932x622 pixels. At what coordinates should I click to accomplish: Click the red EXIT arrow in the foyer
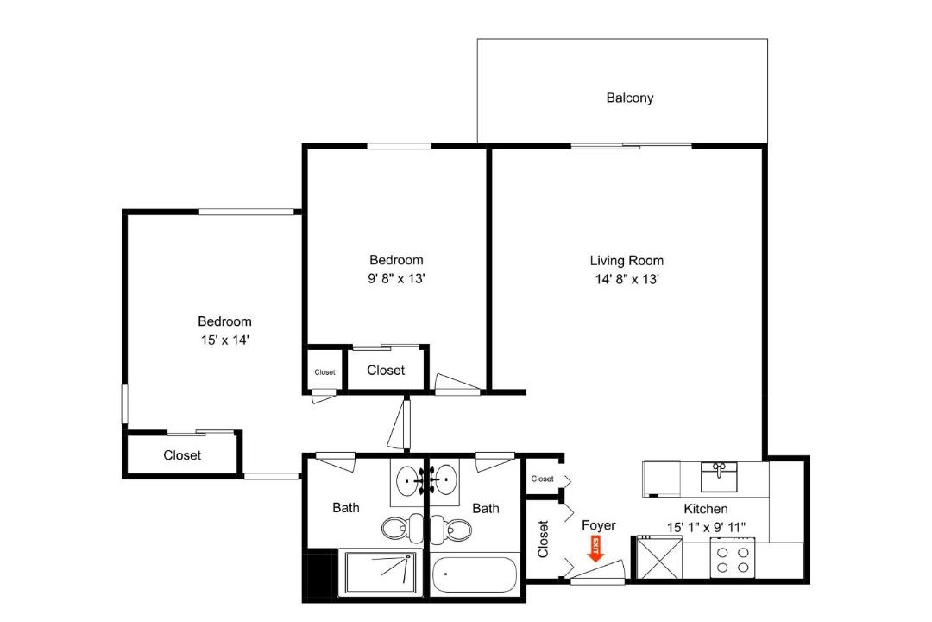[595, 549]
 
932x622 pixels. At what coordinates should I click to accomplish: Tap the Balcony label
[629, 98]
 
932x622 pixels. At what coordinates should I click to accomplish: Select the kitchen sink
[719, 477]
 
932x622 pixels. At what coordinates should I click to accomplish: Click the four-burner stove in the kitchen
[733, 558]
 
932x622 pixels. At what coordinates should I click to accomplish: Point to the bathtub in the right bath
[474, 574]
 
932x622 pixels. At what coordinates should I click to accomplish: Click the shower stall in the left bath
[381, 573]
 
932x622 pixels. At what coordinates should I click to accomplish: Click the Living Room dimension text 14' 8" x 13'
[627, 279]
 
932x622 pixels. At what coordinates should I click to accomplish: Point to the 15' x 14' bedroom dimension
[224, 340]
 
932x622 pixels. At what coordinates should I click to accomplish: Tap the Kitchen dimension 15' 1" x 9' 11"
[706, 527]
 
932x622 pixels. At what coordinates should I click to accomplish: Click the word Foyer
[599, 525]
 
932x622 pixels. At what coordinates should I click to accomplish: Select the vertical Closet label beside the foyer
[543, 539]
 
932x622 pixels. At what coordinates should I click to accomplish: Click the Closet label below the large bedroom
[182, 455]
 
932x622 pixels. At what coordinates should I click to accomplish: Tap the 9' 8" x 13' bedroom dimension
[396, 278]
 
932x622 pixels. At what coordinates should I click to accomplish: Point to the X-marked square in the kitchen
[660, 557]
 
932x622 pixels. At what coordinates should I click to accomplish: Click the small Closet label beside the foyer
[542, 479]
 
